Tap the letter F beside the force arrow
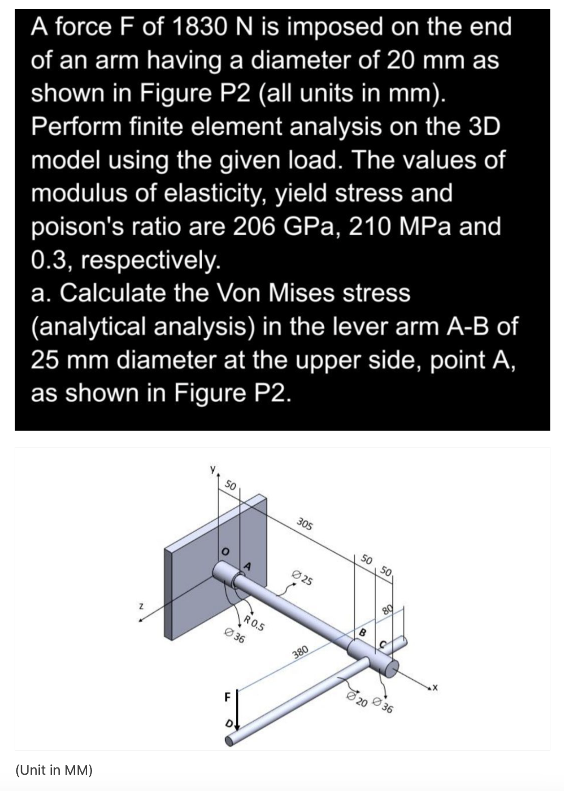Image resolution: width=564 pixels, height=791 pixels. (227, 698)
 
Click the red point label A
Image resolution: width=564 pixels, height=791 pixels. (247, 566)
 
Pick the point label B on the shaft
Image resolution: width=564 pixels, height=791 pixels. (362, 632)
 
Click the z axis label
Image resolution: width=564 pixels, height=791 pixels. (141, 607)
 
